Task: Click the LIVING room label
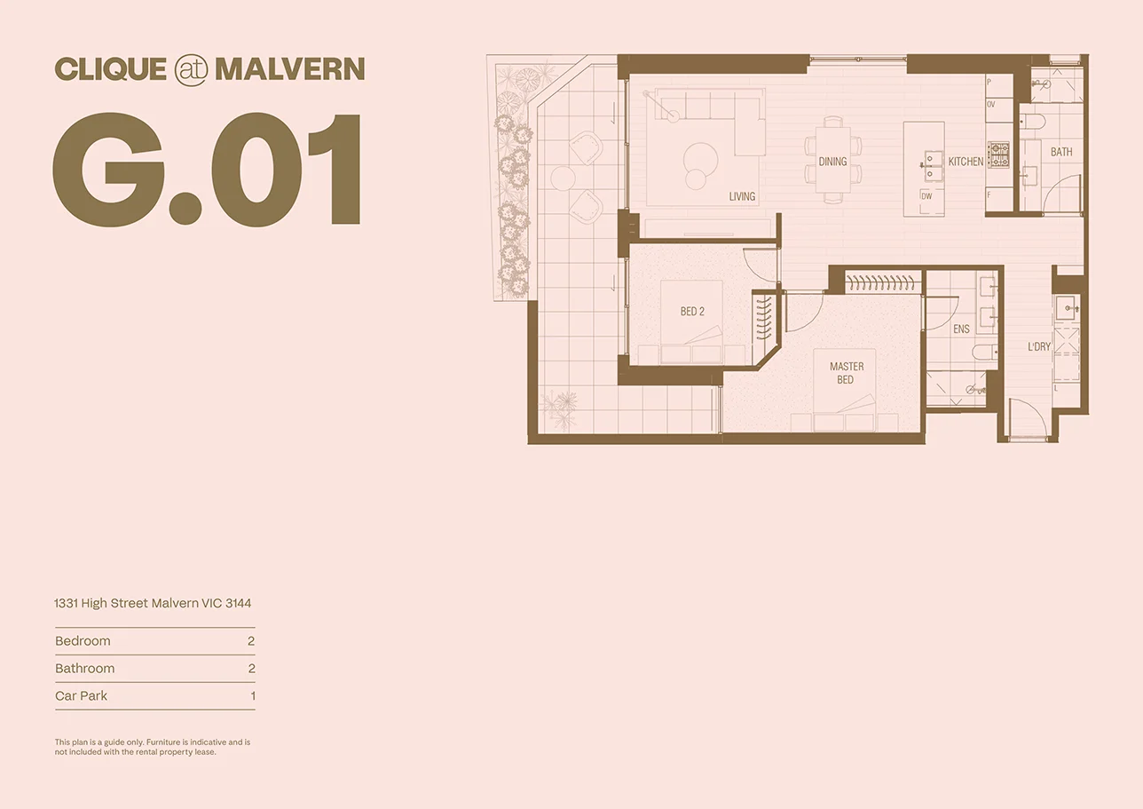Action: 742,196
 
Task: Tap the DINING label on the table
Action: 832,162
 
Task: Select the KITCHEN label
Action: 966,162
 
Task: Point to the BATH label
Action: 1061,152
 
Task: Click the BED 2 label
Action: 692,312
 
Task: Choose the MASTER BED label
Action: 846,373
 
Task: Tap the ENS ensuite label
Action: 961,329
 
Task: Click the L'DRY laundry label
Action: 1039,347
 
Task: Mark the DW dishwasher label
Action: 926,195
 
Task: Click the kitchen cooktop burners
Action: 999,155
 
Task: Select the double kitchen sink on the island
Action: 934,161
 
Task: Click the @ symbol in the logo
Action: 191,69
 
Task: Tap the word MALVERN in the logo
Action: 289,69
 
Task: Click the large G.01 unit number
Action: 207,170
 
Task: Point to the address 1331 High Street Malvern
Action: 153,603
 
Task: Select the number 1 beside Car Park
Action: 252,696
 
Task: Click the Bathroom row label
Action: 84,669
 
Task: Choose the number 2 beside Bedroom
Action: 251,641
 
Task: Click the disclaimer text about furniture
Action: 152,747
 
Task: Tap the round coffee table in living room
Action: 700,158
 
